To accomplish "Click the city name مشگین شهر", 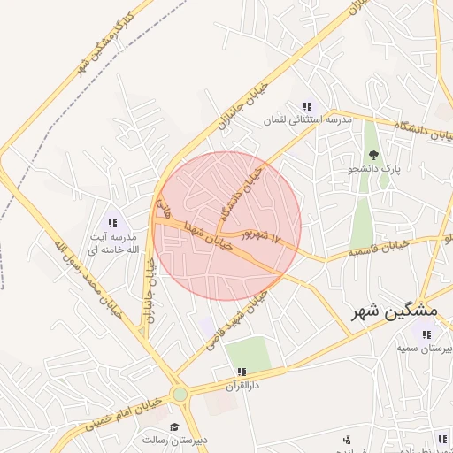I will tap(395, 311).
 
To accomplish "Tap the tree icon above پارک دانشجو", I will tap(372, 154).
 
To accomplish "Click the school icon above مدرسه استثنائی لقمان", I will tap(306, 106).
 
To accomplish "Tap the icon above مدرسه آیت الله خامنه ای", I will tap(112, 223).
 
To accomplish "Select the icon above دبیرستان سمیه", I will tap(427, 334).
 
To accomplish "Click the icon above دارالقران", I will tap(239, 372).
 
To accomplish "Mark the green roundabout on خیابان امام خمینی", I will tap(180, 394).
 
